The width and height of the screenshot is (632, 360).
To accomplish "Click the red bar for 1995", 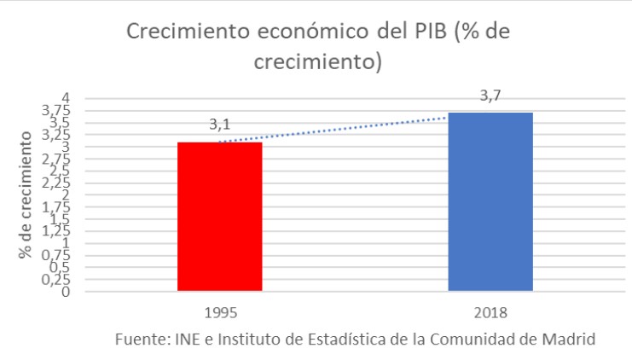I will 219,217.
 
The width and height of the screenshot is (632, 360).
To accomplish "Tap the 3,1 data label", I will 219,126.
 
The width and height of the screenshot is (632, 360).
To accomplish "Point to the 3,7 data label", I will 490,96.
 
